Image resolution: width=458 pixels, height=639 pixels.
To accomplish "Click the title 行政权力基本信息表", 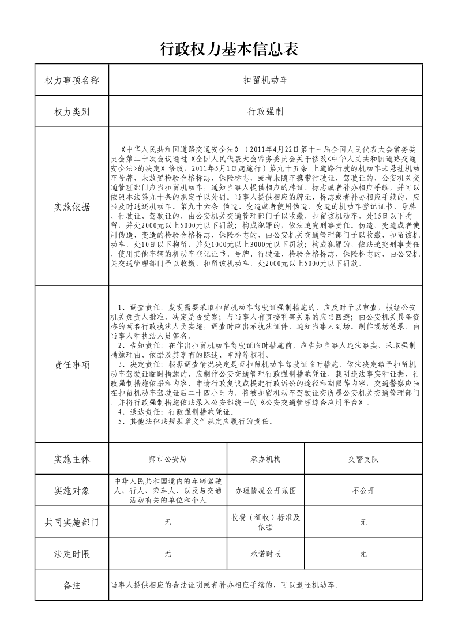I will click(x=228, y=50).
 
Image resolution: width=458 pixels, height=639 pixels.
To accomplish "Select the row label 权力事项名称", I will click(x=72, y=80).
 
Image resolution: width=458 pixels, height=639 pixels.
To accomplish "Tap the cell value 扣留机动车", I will click(x=265, y=80).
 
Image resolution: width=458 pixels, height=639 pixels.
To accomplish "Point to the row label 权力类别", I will click(x=72, y=111).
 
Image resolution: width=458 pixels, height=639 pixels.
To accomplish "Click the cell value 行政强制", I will click(x=265, y=111).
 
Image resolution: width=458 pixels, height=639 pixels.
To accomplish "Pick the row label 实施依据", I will click(x=72, y=207).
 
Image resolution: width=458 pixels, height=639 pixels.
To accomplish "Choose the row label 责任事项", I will click(x=72, y=364).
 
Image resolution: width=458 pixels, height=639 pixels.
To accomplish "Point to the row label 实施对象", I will click(x=72, y=491).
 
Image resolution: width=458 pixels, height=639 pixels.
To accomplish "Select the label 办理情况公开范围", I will click(x=265, y=491).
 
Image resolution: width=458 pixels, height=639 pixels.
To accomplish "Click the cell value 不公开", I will click(x=363, y=491).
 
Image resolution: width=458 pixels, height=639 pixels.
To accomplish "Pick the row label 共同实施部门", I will click(x=72, y=523).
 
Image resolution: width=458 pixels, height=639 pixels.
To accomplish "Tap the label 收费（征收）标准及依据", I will click(x=265, y=522).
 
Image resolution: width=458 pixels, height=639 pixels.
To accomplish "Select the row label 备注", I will click(x=72, y=586).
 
